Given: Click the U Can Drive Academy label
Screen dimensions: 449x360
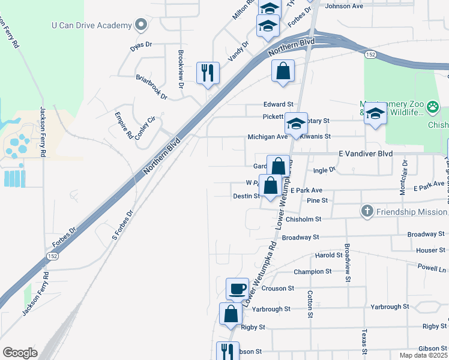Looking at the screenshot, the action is point(91,25).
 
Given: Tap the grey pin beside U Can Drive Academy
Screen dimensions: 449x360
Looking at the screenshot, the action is point(141,25).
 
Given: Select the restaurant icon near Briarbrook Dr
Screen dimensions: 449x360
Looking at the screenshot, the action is point(208,73).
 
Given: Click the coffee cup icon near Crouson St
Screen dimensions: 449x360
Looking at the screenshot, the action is point(237,289).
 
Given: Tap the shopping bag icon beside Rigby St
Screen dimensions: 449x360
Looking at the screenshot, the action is point(231,314).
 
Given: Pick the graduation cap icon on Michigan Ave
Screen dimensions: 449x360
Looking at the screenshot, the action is point(295,124).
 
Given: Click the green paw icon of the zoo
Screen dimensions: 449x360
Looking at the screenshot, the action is point(433,108).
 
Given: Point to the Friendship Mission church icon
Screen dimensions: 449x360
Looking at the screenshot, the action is point(367,211).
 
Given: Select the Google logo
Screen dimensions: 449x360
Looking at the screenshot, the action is point(20,353).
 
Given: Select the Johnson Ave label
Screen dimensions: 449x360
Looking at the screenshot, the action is point(344,7).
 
